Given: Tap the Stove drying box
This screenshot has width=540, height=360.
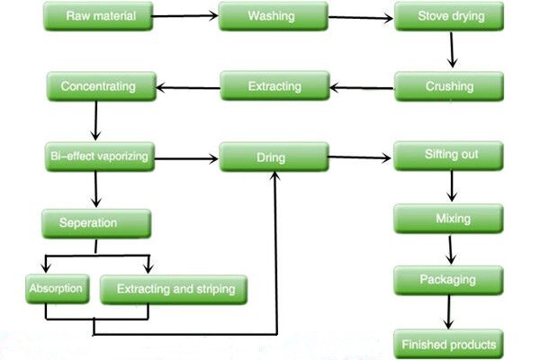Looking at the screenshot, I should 446,16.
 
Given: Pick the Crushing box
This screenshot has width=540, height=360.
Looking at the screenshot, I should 447,87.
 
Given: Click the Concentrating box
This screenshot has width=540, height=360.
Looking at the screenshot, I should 97,87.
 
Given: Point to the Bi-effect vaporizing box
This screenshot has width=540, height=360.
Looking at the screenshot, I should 97,157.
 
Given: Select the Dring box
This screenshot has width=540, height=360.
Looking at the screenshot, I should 273,157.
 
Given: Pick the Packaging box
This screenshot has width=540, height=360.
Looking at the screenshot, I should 446,280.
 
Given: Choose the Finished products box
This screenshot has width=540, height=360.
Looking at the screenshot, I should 446,343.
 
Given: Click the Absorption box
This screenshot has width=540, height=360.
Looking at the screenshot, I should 56,289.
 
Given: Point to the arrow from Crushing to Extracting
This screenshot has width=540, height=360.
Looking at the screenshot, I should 361,87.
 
